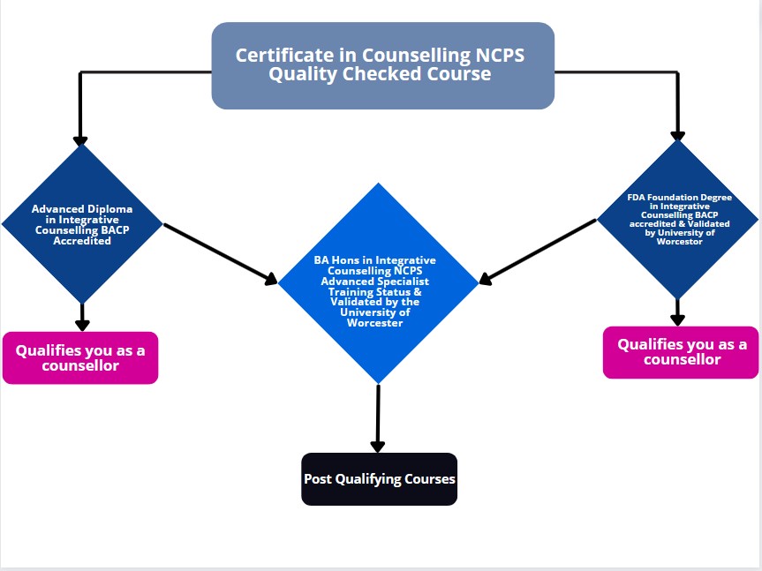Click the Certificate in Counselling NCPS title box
[382, 65]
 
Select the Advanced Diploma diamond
[82, 224]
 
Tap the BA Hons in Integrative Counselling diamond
[378, 282]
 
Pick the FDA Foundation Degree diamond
[677, 218]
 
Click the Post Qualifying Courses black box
[379, 479]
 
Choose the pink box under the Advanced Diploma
[80, 357]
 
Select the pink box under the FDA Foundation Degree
[681, 352]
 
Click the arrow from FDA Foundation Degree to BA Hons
[538, 252]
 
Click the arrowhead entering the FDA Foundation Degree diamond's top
[677, 135]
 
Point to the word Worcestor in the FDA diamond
[678, 241]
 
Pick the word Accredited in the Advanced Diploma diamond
[82, 240]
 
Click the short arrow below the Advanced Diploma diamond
[82, 316]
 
